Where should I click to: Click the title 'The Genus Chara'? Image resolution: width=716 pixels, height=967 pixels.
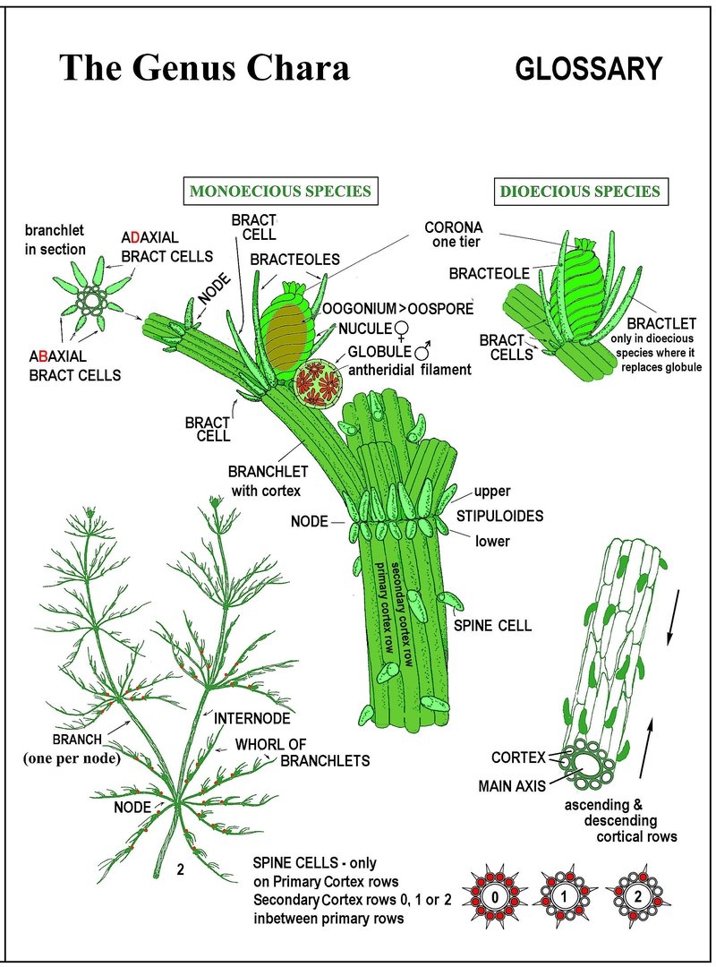(204, 68)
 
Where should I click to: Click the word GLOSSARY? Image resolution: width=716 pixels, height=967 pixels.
(589, 69)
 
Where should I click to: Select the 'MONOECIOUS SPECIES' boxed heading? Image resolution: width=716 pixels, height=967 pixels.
(280, 191)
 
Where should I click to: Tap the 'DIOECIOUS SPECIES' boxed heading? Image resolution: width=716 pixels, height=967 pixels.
(580, 191)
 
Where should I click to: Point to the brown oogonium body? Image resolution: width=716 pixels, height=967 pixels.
(286, 329)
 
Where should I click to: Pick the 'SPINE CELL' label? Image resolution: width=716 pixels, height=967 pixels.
(492, 626)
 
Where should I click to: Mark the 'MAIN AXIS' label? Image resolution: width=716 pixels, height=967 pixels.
(517, 787)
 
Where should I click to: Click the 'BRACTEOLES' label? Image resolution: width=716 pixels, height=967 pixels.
(294, 260)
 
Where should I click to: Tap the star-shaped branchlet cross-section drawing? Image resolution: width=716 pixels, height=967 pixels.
(91, 296)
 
